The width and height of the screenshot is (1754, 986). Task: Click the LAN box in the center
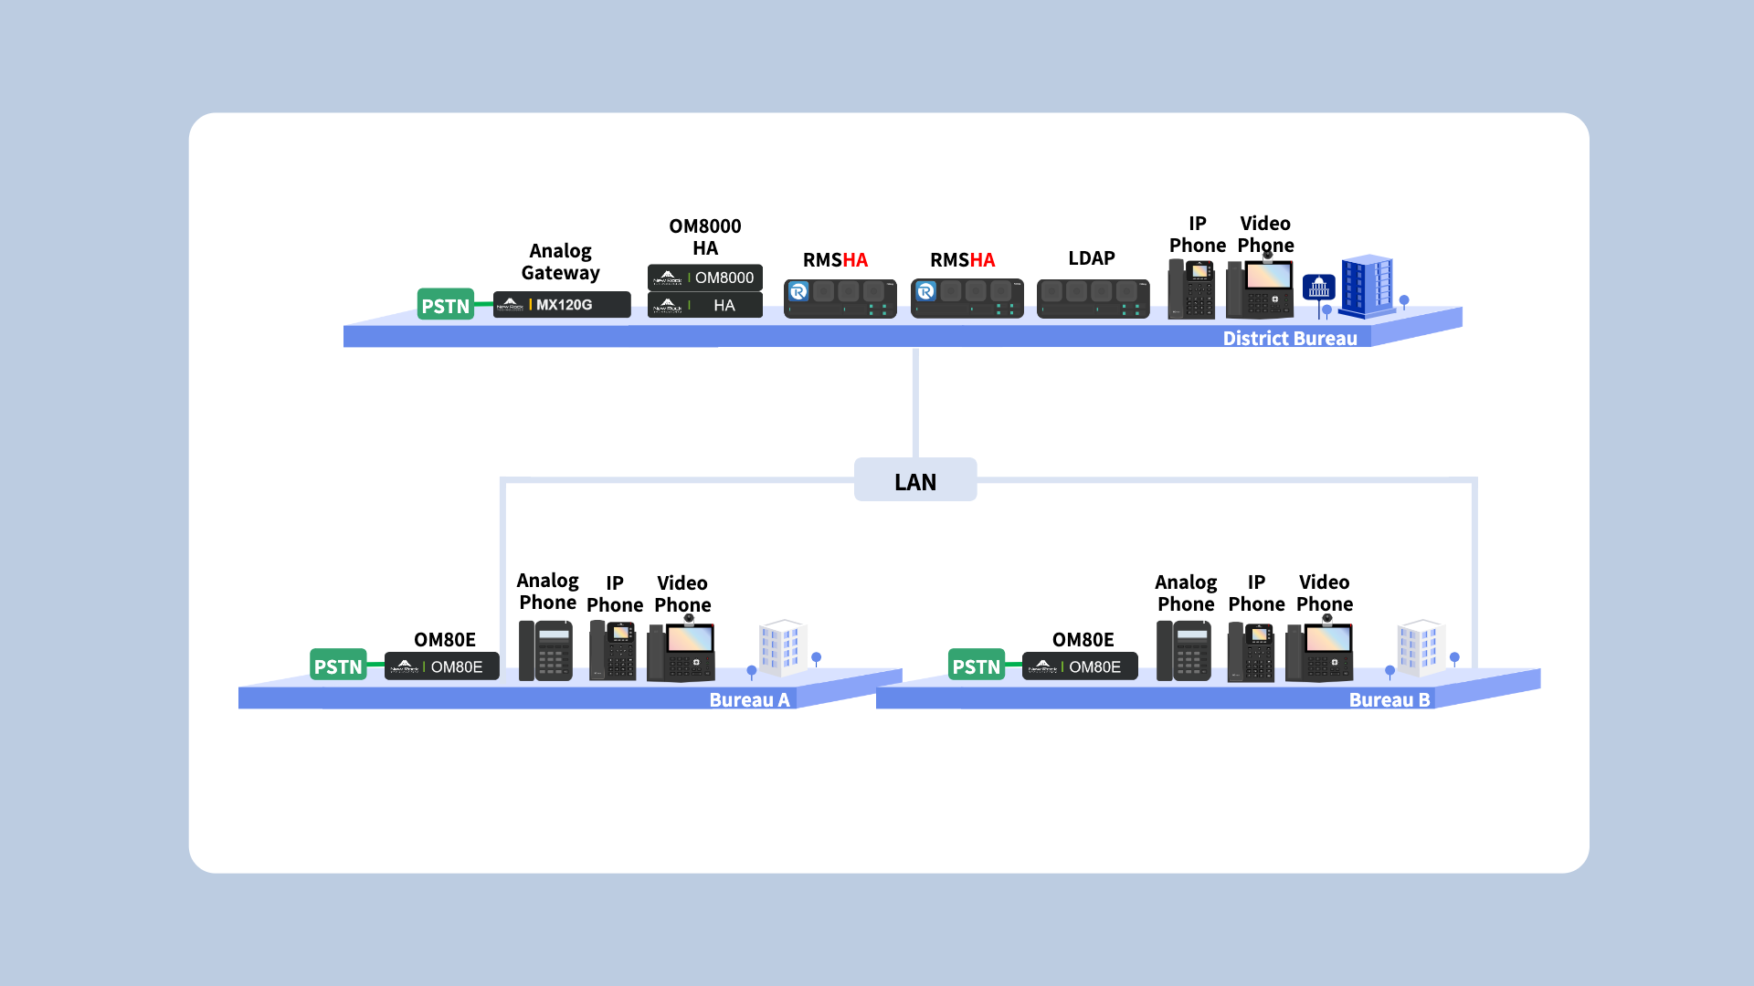(914, 480)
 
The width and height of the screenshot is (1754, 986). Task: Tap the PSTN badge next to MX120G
(445, 305)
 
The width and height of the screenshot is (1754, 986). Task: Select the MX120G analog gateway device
(562, 305)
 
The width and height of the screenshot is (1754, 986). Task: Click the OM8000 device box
(704, 278)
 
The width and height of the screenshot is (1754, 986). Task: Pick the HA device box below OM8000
(704, 305)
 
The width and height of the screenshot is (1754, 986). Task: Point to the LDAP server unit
(1093, 299)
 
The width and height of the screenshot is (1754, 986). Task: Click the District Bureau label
(1289, 339)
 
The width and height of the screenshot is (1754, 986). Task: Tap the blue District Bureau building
(1367, 286)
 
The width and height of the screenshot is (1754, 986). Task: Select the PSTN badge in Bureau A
(338, 666)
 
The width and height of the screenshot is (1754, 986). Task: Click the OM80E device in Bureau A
(441, 666)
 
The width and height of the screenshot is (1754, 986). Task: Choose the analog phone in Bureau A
(545, 651)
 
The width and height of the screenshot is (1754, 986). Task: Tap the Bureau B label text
(1389, 700)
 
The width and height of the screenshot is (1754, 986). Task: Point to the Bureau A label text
(749, 700)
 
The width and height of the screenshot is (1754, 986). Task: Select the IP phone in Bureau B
(1251, 651)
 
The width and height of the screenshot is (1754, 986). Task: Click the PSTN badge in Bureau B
(976, 666)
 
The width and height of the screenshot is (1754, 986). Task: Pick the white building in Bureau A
(783, 647)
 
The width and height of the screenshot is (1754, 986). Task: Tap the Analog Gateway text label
(560, 262)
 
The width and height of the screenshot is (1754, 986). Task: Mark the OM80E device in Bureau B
(1080, 666)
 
